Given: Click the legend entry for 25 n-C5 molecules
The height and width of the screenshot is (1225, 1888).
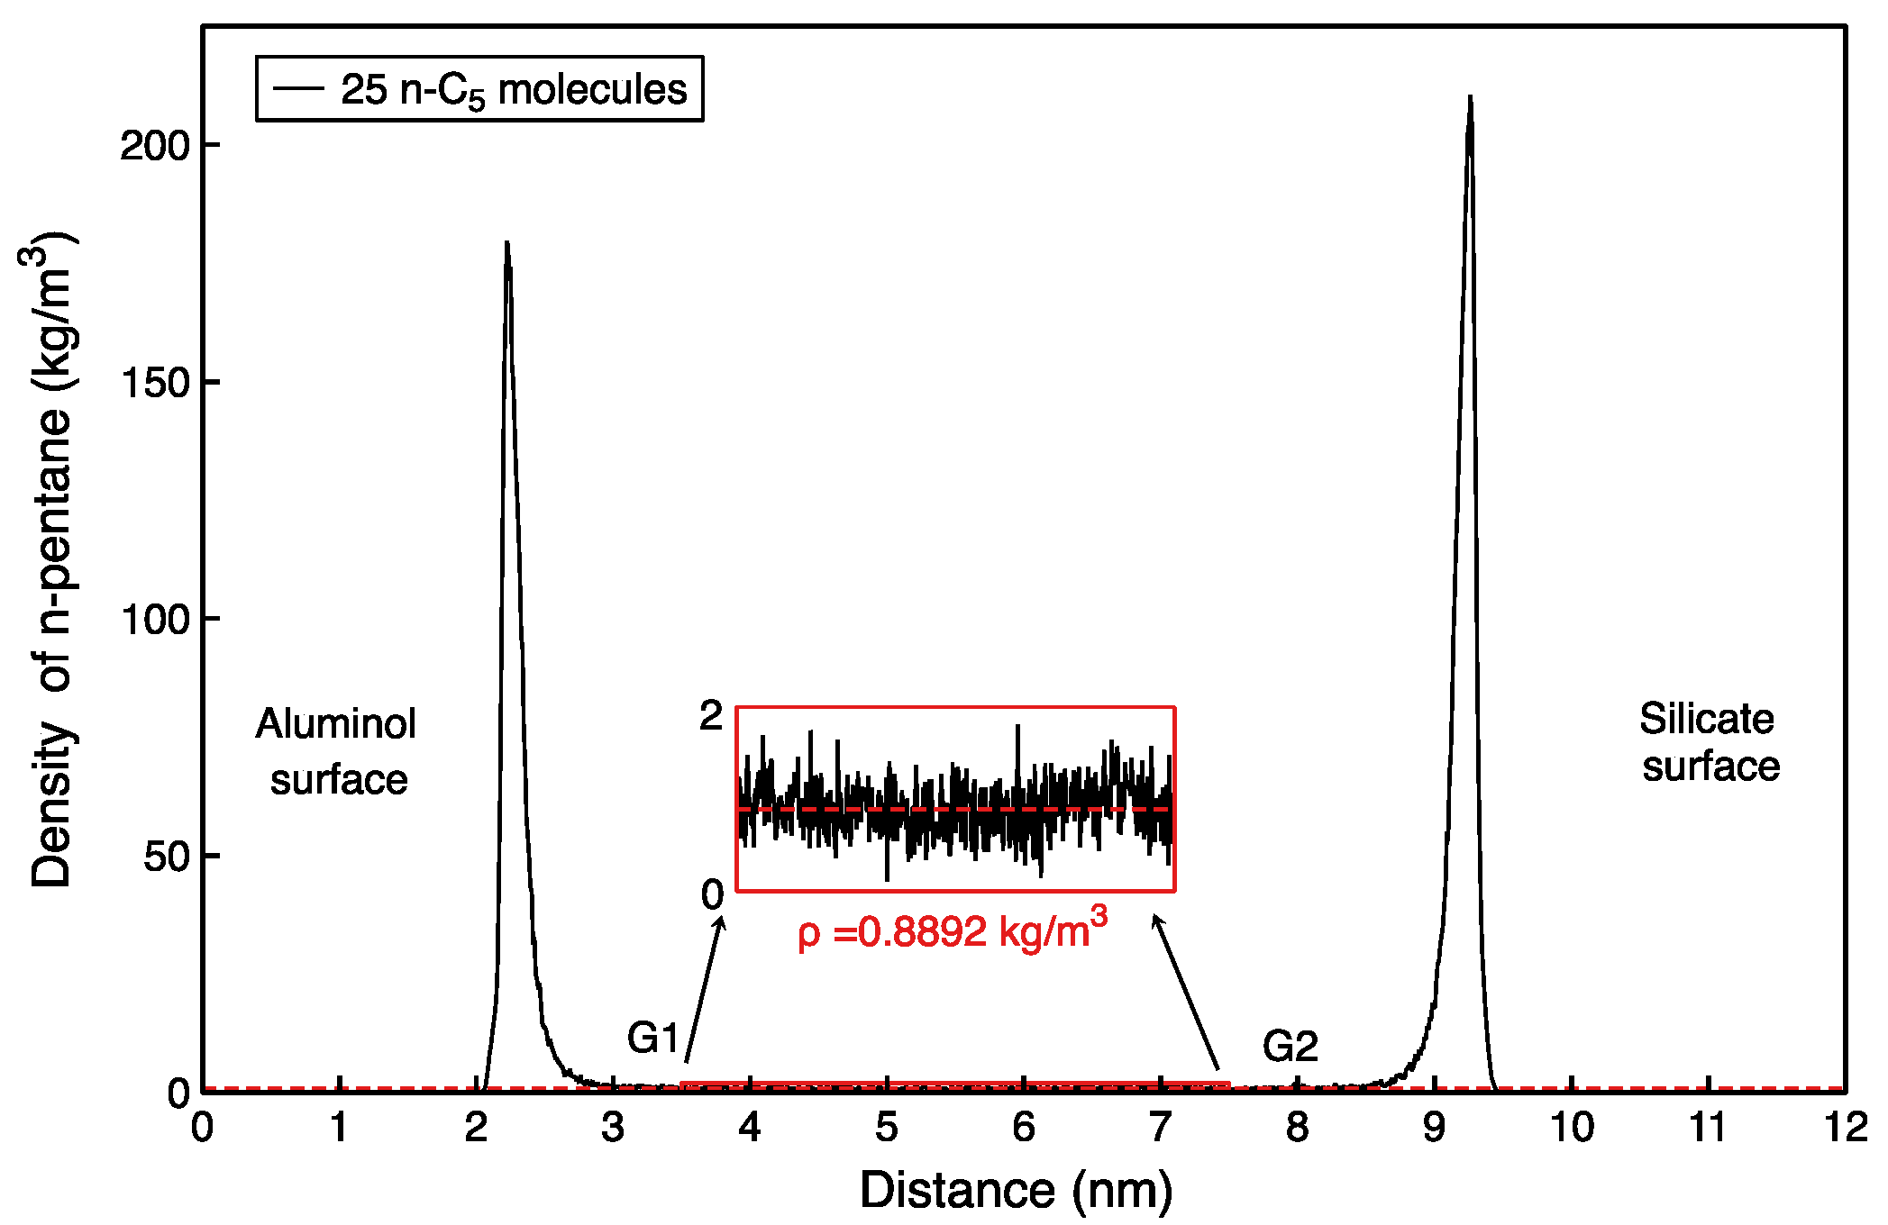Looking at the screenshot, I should pos(479,89).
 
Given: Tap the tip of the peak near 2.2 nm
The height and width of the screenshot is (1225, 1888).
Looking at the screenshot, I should pos(506,242).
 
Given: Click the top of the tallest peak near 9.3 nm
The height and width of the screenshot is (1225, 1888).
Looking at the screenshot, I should pos(1470,97).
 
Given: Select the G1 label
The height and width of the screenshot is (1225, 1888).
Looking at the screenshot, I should pos(653,1038).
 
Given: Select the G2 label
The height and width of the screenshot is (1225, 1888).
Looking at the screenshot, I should pos(1290,1046).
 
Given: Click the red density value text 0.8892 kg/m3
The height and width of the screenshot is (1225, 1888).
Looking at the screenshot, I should pos(953,932).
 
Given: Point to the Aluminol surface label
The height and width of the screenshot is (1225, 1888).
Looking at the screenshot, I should pos(337,751).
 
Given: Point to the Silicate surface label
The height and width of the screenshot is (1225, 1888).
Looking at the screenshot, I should pos(1709,743).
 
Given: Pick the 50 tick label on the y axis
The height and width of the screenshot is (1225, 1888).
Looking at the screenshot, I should pos(168,857).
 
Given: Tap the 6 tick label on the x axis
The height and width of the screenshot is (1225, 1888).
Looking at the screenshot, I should pos(1023,1127).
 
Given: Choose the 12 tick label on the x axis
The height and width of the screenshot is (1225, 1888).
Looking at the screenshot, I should pos(1845,1127).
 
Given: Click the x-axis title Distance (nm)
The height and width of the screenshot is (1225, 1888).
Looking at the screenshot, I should pos(1016,1190).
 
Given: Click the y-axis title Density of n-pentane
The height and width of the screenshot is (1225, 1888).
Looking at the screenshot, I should pos(51,558).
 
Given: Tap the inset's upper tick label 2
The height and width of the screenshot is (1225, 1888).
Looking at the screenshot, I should pos(711,716).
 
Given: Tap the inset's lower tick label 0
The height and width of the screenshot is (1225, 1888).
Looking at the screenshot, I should pos(712,894).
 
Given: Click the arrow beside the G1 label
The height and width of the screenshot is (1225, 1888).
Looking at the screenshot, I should pos(704,989).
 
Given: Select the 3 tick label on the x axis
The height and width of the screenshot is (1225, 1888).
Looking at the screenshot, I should pos(613,1127).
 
